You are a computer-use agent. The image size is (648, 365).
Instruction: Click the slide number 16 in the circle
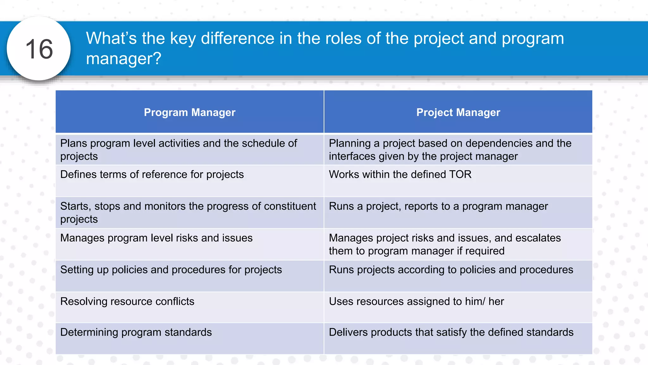coord(39,49)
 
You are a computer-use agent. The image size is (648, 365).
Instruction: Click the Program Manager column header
coord(190,112)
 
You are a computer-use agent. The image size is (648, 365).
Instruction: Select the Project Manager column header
coord(458,112)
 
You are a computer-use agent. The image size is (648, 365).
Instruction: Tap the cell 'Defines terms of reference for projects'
coord(152,175)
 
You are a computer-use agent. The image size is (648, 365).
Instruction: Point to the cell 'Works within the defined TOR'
coord(400,175)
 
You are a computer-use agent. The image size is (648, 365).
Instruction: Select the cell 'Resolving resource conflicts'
coord(127,301)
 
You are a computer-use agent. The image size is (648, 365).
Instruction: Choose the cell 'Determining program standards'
coord(136,332)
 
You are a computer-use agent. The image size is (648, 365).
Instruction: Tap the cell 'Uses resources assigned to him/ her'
coord(416,301)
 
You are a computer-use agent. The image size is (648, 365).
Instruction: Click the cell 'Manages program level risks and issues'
coord(156,238)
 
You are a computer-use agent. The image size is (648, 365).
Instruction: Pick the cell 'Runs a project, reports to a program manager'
coord(438,206)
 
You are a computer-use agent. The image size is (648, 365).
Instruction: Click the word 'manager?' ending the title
coord(123,59)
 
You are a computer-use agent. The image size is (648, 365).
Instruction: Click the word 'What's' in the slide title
coord(111,38)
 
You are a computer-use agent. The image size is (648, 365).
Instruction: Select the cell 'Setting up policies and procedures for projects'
coord(171,270)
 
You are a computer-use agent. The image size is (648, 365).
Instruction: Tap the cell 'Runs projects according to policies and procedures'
coord(451,270)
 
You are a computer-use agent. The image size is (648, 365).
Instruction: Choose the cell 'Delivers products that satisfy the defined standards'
coord(451,332)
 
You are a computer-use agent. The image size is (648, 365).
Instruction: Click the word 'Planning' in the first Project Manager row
coord(350,144)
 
